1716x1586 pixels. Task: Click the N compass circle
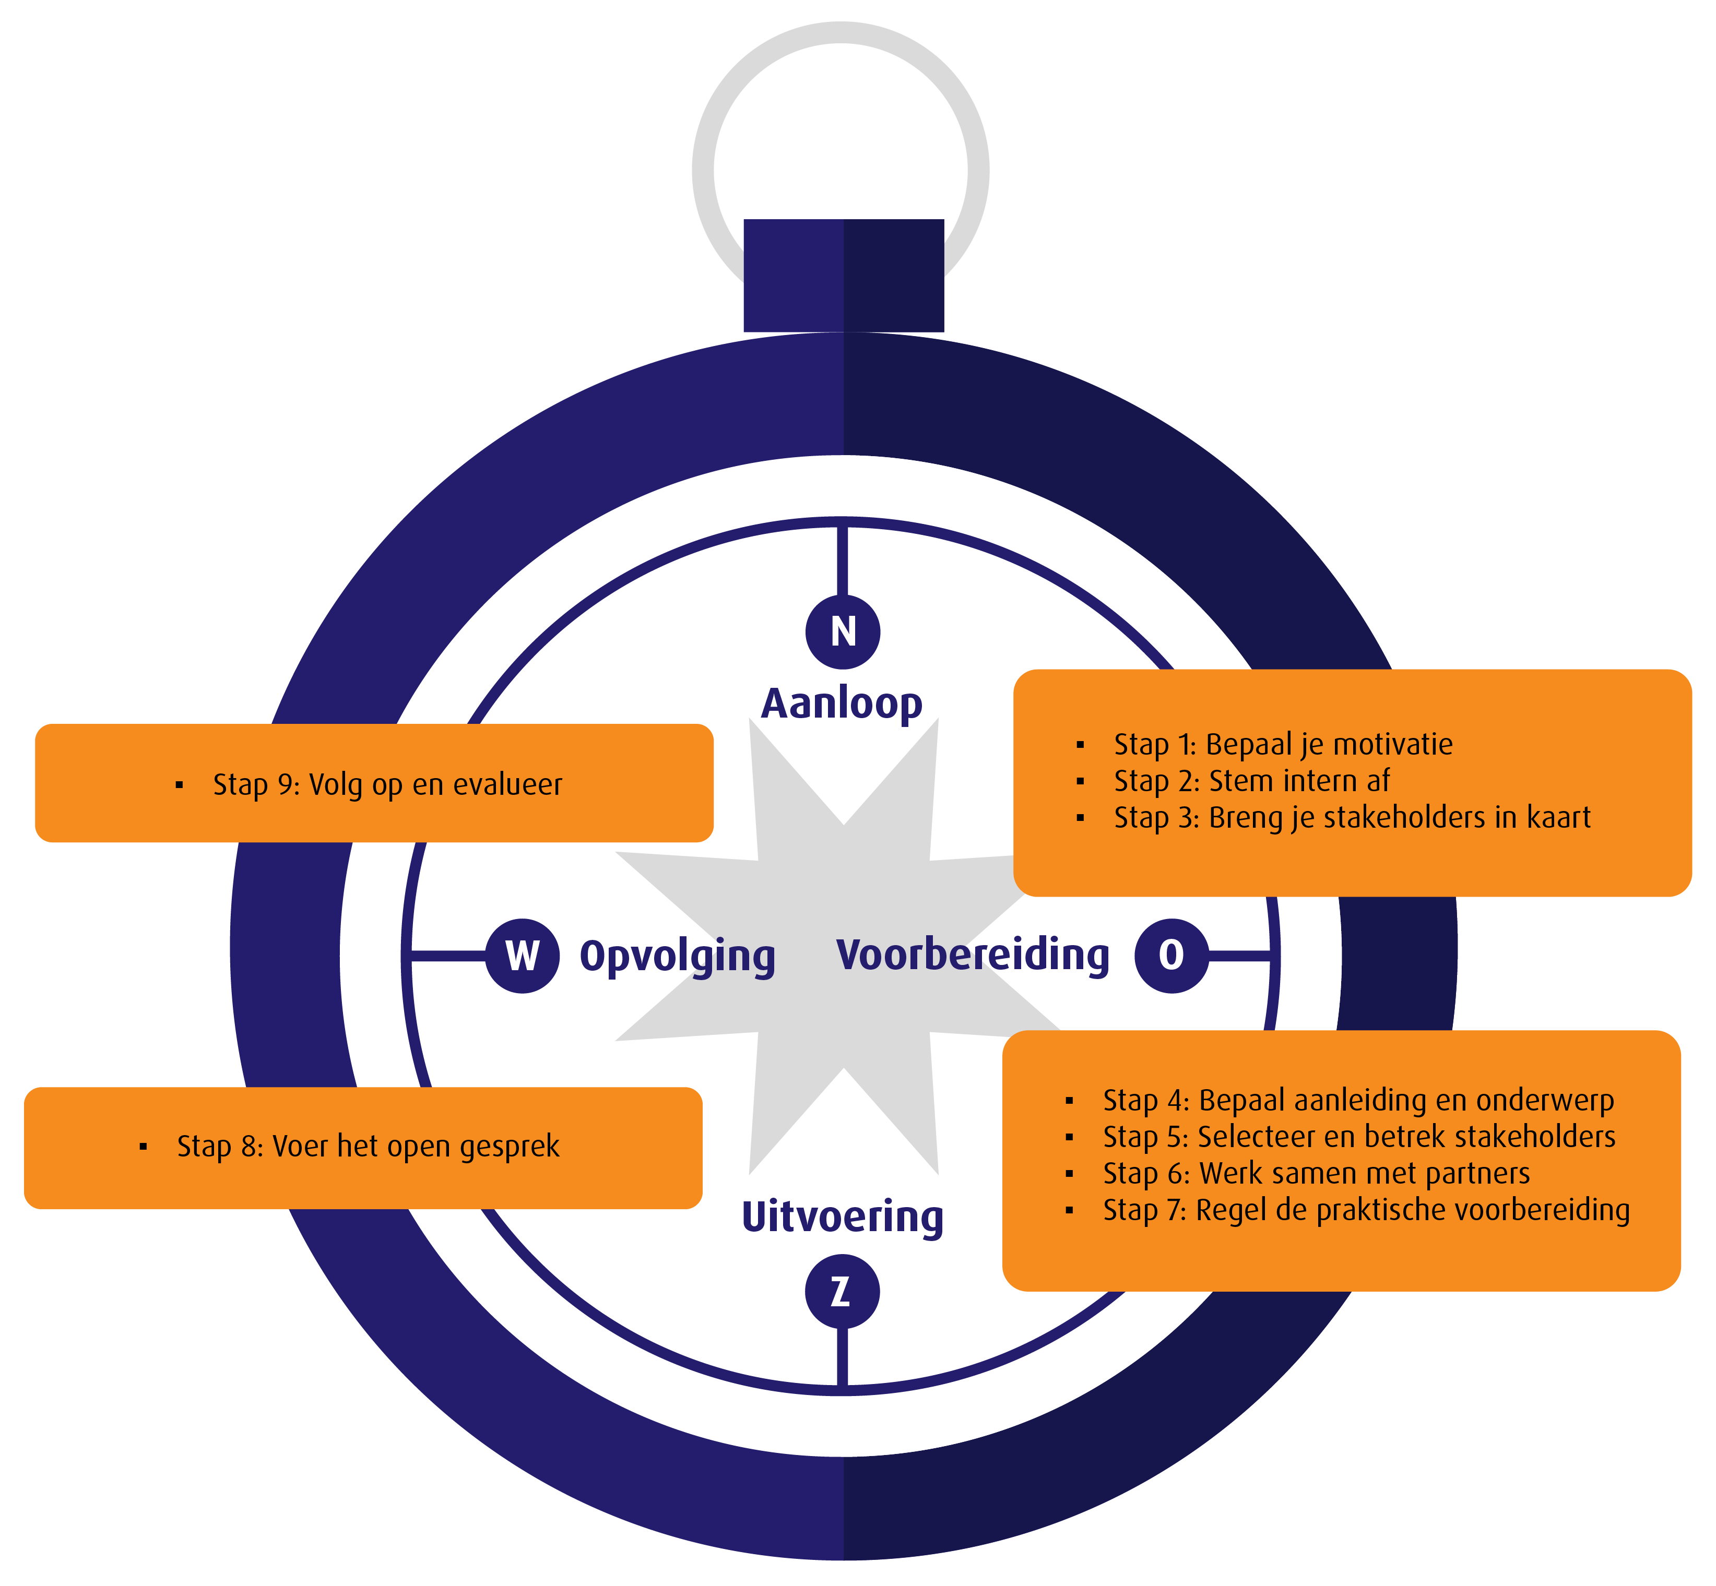click(842, 631)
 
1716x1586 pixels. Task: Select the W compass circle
click(523, 956)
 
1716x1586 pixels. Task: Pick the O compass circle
click(1171, 955)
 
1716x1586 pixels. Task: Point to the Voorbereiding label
click(973, 955)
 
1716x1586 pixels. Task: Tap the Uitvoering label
click(842, 1217)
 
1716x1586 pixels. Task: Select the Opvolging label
click(677, 956)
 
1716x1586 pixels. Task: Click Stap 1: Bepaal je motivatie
click(1283, 744)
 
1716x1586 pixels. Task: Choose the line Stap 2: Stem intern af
click(1251, 781)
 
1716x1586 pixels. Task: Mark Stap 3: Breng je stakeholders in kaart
click(1352, 817)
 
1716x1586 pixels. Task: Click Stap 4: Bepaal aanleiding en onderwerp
click(1358, 1100)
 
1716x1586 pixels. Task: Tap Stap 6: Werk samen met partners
click(1316, 1173)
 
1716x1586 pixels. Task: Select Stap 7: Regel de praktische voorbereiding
click(1366, 1210)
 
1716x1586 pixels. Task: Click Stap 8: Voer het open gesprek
click(368, 1147)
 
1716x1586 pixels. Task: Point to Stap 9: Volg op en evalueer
click(387, 784)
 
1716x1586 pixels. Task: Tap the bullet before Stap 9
click(180, 784)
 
